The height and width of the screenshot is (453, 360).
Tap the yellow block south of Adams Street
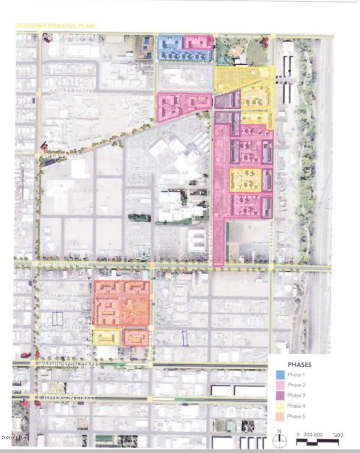[107, 336]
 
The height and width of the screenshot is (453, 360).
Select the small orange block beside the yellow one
[135, 338]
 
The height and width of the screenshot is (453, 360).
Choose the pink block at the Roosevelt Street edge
[198, 42]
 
